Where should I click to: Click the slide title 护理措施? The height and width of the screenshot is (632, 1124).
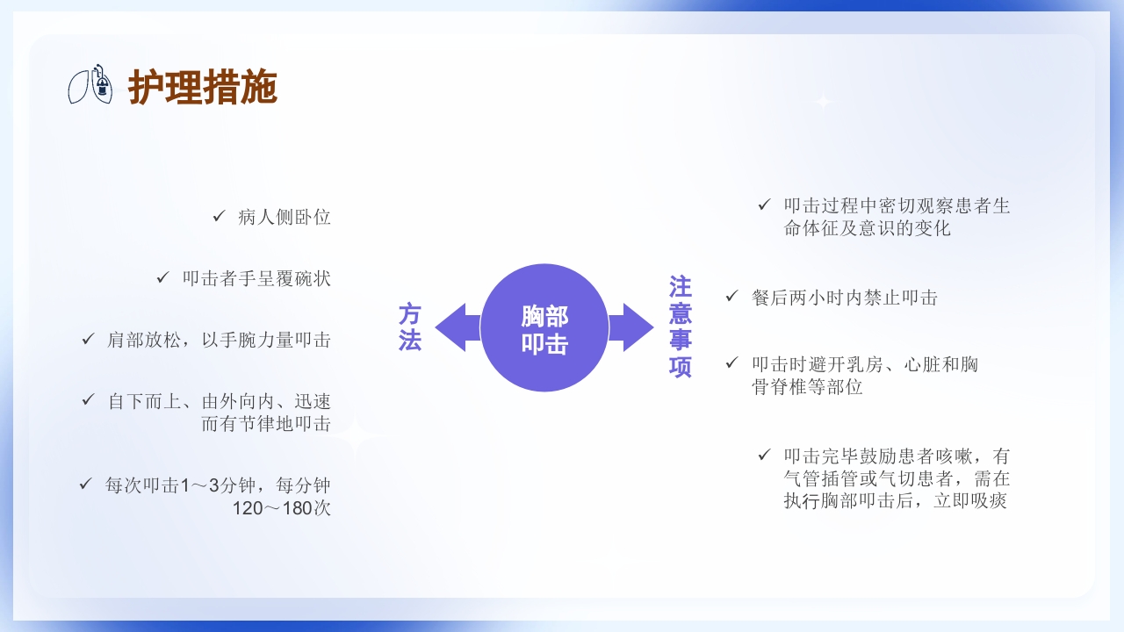[203, 88]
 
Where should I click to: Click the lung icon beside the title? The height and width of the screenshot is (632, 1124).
[92, 84]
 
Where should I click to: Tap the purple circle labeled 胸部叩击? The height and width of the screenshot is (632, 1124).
[544, 327]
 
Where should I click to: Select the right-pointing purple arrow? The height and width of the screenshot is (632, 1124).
[631, 327]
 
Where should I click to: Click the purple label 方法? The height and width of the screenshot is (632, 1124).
[410, 327]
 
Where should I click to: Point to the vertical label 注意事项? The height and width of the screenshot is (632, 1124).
[681, 327]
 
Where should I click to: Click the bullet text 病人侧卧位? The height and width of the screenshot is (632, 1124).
[285, 217]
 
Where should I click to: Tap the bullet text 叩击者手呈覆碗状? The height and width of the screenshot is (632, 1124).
[256, 278]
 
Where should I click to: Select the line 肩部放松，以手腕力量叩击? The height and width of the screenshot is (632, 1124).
[219, 340]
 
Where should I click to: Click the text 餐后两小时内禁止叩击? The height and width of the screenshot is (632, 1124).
[845, 298]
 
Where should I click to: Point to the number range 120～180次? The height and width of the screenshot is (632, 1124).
[282, 508]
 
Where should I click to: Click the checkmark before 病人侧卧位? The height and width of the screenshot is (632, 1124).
[219, 216]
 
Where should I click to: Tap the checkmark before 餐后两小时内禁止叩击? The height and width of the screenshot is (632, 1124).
[731, 297]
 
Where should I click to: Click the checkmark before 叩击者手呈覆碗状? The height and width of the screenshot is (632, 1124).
[162, 277]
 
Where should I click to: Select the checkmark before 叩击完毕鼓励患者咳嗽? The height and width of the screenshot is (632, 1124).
[764, 455]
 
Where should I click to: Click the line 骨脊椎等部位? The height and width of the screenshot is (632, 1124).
[807, 387]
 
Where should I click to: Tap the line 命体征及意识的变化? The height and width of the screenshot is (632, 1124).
[868, 229]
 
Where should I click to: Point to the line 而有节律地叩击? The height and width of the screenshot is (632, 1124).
[266, 424]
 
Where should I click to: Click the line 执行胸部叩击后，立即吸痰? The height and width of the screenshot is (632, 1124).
[895, 501]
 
